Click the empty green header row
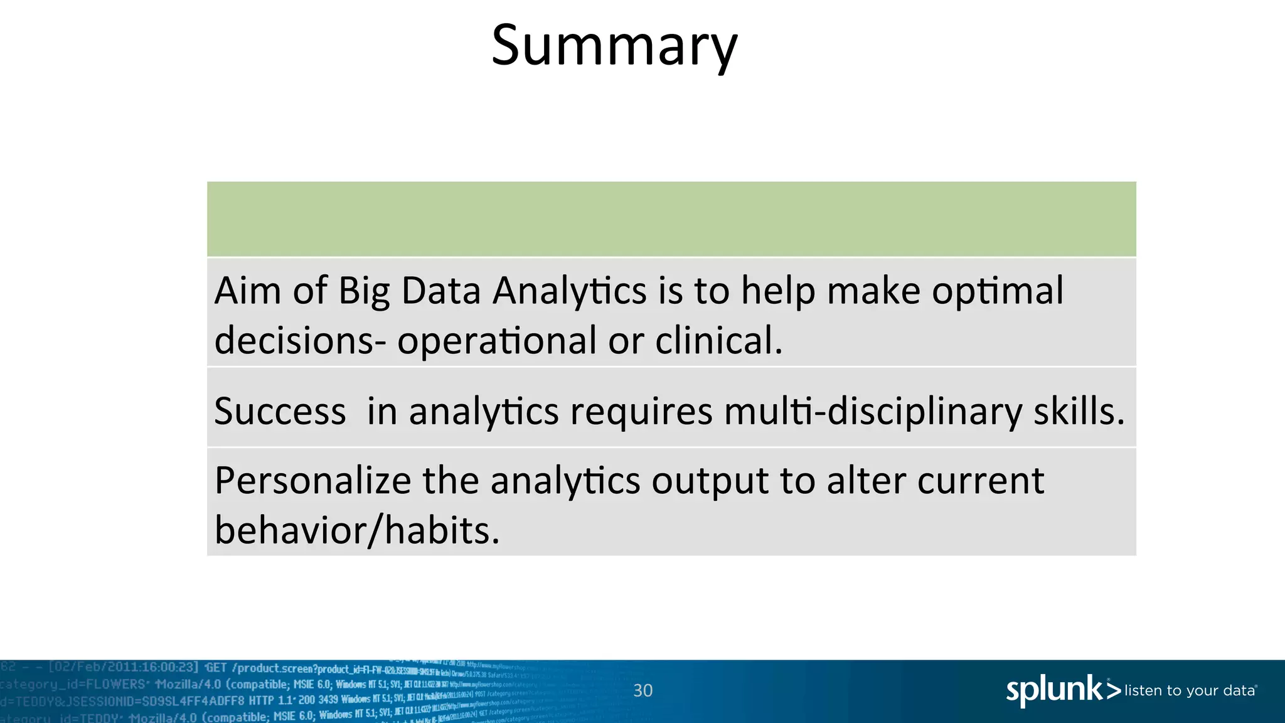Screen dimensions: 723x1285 point(671,219)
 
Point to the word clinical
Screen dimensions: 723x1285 point(718,341)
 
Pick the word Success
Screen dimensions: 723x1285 point(280,412)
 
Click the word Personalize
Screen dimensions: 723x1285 point(312,481)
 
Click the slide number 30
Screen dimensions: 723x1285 point(642,691)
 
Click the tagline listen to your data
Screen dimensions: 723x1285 point(1190,691)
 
